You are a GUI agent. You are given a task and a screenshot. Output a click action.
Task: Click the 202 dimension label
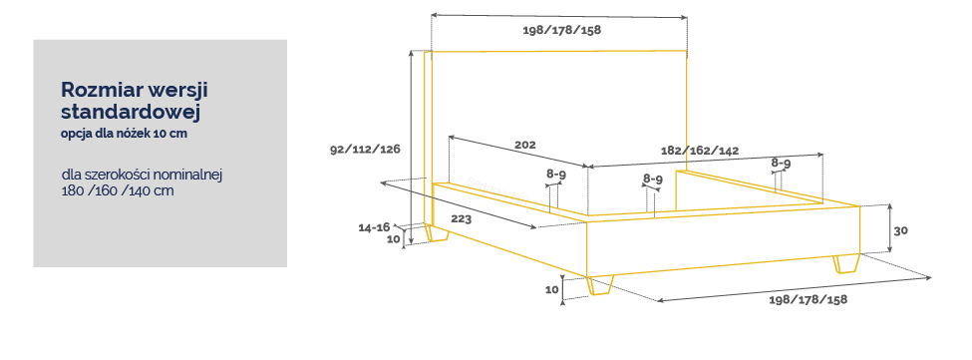coord(524,145)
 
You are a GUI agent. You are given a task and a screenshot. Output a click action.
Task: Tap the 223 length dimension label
coord(461,218)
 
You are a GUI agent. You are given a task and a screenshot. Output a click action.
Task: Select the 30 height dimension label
coord(900,230)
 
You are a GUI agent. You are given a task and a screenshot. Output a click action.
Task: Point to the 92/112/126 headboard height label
coord(365,150)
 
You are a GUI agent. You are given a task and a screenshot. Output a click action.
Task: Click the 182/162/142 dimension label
coord(700,151)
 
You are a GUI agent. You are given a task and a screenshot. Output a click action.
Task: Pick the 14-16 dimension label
coord(374,227)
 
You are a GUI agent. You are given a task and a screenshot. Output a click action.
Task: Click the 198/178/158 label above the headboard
coord(561,30)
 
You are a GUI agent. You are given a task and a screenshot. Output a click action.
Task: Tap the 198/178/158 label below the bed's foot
coord(808,300)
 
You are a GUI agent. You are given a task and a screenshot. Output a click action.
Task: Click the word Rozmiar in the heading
coord(102,91)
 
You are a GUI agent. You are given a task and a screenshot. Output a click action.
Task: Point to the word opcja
coord(76,135)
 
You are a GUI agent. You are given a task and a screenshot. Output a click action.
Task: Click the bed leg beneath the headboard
coord(438,233)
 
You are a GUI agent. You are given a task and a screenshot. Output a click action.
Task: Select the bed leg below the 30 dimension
coord(846,263)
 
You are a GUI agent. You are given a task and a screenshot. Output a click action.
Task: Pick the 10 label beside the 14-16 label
coord(394,238)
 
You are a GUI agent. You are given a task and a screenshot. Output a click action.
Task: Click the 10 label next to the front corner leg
coord(552,289)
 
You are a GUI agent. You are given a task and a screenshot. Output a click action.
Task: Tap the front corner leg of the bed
coord(599,285)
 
